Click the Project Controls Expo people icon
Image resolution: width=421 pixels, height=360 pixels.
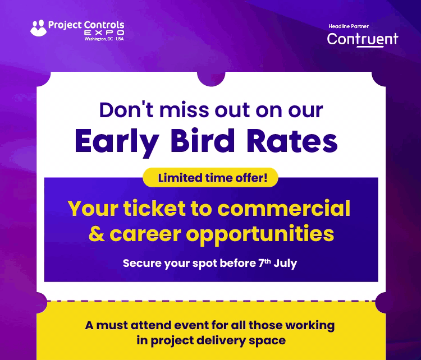[x=38, y=28]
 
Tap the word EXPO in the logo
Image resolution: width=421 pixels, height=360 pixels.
[x=104, y=33]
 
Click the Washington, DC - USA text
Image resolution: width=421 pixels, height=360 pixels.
[x=104, y=39]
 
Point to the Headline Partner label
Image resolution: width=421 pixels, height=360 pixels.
[x=349, y=26]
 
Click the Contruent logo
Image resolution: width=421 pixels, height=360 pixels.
[x=363, y=39]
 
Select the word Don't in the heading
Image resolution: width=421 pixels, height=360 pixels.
[x=127, y=110]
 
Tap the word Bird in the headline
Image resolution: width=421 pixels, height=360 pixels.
[x=203, y=140]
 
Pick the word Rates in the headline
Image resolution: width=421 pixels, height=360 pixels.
[x=292, y=141]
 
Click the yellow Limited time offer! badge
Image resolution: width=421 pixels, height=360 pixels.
[x=210, y=178]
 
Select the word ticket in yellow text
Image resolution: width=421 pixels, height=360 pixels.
[x=154, y=209]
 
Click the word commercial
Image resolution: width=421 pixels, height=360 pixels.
[x=284, y=209]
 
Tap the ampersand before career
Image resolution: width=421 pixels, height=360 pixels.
[x=97, y=233]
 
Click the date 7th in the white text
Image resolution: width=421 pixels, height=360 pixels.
[x=264, y=263]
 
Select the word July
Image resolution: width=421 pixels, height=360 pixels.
[x=285, y=264]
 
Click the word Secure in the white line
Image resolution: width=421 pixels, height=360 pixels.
[x=142, y=263]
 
